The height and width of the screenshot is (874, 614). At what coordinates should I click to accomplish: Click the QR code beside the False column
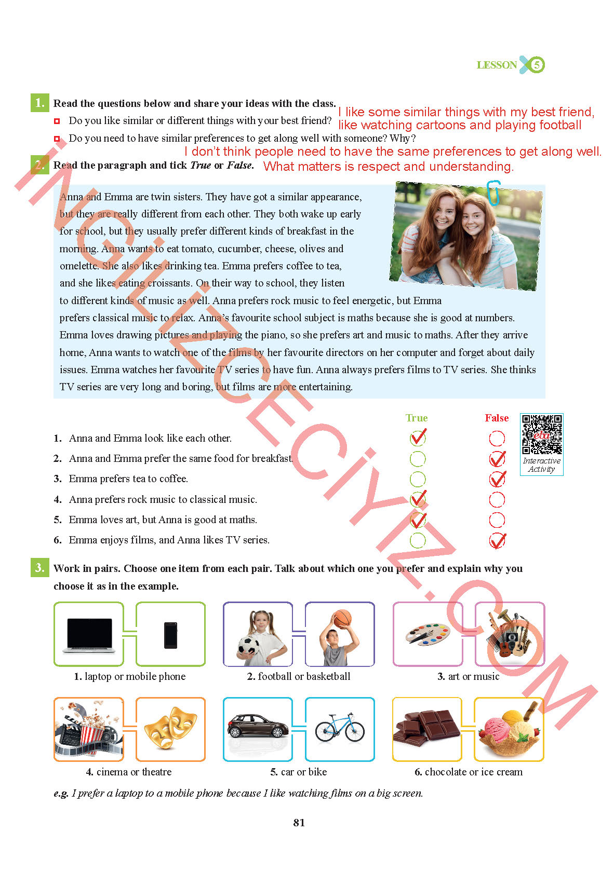542,434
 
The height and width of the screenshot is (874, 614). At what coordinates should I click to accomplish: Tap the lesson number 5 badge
537,64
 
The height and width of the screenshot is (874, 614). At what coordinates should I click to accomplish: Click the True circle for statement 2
418,459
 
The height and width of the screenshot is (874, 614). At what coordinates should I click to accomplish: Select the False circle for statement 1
497,439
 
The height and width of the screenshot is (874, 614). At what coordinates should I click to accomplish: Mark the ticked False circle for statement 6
497,540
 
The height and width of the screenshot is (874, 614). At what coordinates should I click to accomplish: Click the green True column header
417,418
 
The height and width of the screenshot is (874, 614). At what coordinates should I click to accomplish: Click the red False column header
497,418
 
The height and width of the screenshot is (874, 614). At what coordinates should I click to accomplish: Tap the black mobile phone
170,635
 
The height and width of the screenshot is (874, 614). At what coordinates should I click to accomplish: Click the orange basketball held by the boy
342,619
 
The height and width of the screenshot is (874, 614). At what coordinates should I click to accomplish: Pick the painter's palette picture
428,634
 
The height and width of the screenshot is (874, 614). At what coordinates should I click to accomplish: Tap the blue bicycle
340,728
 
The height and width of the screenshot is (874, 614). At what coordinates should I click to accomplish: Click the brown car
258,726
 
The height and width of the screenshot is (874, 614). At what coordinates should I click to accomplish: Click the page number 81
299,823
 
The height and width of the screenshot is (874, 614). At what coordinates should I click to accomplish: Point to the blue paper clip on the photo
493,193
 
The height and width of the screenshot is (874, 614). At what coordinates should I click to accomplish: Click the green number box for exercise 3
40,567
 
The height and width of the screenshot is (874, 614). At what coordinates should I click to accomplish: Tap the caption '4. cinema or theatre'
128,772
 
